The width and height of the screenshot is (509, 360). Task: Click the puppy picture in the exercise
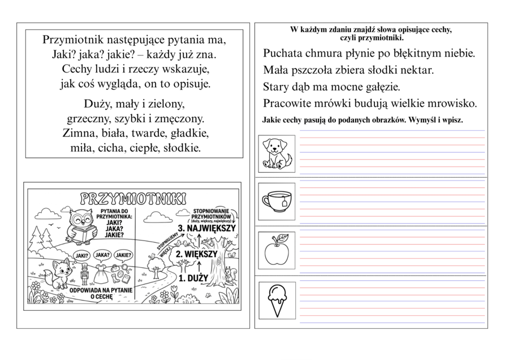277,153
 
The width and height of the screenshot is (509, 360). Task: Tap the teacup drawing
277,200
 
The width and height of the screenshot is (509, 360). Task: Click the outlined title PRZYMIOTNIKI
132,198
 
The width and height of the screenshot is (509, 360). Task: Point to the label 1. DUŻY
193,278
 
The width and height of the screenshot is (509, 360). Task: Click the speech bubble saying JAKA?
102,255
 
